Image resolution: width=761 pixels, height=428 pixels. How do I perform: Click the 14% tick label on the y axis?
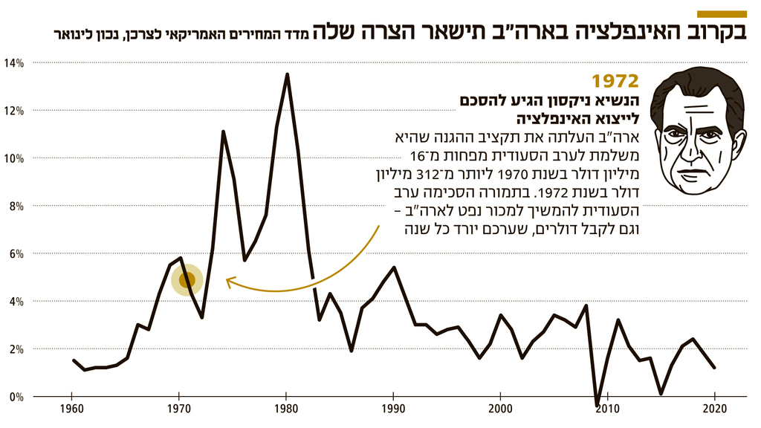point(15,63)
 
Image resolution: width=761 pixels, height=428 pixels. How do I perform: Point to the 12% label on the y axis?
point(15,111)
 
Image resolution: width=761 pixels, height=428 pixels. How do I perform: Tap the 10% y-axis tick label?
point(15,158)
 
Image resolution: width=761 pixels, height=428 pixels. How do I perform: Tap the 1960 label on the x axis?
point(71,409)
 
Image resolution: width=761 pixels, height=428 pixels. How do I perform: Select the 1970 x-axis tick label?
point(178,409)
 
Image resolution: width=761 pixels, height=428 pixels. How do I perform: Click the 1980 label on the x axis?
point(286,409)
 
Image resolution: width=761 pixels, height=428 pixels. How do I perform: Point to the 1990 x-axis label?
point(393,409)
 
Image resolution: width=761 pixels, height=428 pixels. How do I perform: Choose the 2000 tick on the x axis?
point(500,409)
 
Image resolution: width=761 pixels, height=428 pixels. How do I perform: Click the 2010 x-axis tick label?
point(608,409)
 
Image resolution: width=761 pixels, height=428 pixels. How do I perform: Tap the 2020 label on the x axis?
point(715,409)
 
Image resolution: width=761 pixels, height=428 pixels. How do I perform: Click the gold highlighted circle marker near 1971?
point(187,280)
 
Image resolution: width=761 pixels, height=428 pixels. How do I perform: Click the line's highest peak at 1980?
point(287,74)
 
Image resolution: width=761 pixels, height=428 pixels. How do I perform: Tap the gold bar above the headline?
point(722,14)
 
